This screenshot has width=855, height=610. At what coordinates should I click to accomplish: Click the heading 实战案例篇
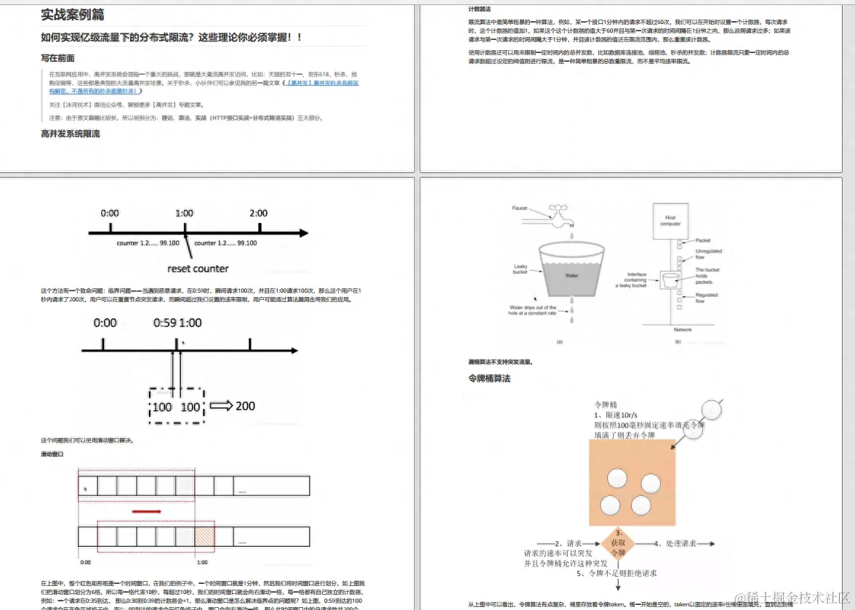[72, 14]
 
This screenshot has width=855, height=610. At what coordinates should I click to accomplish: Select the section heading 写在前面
[57, 58]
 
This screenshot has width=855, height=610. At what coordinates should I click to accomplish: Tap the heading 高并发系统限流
[71, 134]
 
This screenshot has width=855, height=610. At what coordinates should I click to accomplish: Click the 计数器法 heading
[480, 9]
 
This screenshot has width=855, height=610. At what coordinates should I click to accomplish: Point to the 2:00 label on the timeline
[258, 213]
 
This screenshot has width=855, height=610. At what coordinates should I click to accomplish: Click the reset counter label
[198, 268]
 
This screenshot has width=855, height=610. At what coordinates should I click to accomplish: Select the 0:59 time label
[165, 322]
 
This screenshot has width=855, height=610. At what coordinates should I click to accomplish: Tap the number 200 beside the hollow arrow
[245, 406]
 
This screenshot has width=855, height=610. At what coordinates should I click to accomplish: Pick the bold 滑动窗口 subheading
[52, 454]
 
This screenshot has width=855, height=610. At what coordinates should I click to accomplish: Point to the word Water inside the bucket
[571, 276]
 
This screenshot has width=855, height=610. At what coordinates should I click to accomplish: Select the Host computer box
[670, 220]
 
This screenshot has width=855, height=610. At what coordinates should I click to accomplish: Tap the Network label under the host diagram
[683, 330]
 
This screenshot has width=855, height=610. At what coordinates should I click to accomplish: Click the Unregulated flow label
[709, 254]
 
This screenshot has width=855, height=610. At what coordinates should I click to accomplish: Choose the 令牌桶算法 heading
[490, 378]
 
